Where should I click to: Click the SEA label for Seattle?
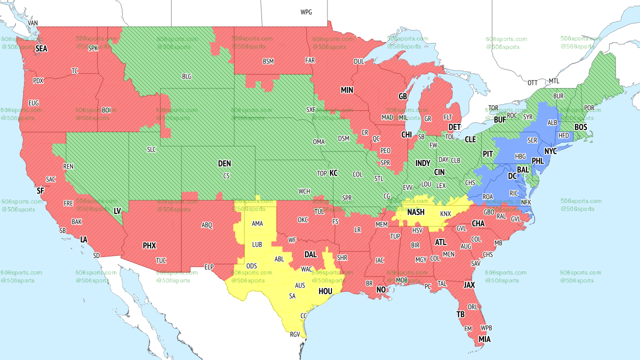(41, 48)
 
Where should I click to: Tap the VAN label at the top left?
(33, 23)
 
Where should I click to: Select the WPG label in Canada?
(306, 12)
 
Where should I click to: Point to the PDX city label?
(38, 80)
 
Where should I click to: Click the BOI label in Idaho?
(106, 109)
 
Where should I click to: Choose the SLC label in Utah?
(151, 149)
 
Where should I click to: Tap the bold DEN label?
(224, 163)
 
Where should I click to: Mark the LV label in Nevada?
(117, 211)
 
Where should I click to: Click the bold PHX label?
(149, 245)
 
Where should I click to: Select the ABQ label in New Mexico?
(207, 225)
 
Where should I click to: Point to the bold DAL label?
(310, 254)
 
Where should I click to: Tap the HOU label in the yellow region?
(325, 290)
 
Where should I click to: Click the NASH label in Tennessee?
(415, 212)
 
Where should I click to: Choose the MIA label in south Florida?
(484, 339)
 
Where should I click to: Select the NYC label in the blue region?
(550, 151)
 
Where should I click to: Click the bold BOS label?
(580, 127)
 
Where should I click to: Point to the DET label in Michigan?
(454, 127)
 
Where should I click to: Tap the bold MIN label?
(347, 90)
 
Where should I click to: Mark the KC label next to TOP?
(333, 173)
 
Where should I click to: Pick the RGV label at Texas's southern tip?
(295, 334)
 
